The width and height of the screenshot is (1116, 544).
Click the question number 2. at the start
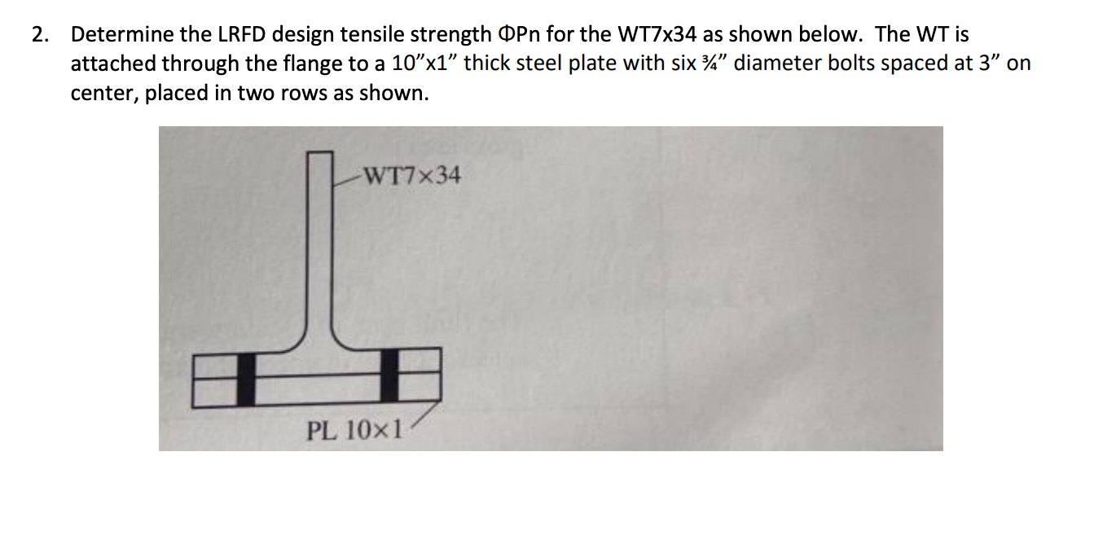tap(40, 35)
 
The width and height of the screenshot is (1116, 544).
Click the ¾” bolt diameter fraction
tap(718, 64)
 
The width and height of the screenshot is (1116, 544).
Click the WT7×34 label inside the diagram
tap(411, 176)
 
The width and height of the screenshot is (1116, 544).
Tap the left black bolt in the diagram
tap(246, 378)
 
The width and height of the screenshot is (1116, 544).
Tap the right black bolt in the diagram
tap(390, 375)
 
